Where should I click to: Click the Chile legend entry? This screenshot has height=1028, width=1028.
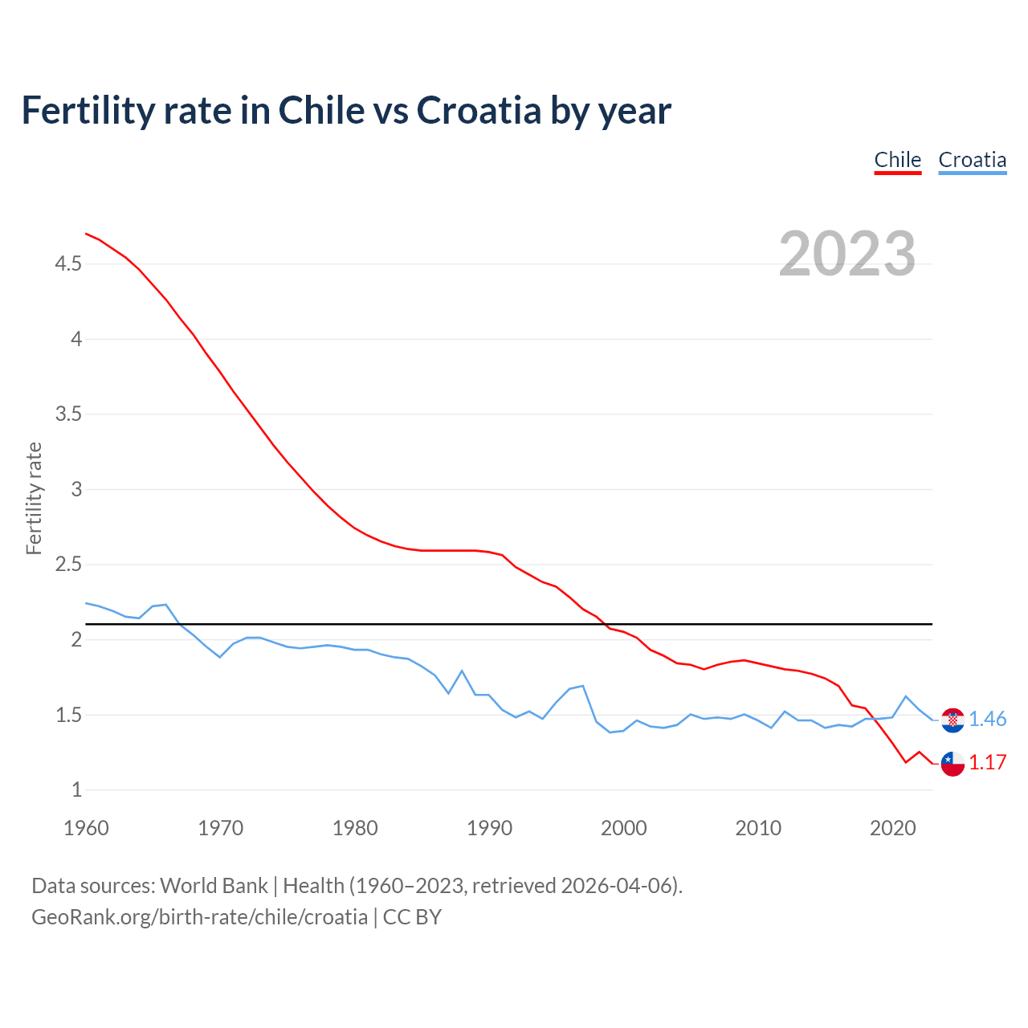click(897, 160)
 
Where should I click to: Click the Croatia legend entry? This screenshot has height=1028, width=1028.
click(972, 160)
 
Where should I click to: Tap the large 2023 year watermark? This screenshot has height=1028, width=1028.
click(847, 254)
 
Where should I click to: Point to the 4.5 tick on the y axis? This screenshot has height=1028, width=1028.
click(67, 264)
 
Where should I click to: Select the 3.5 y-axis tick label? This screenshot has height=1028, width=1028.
click(67, 414)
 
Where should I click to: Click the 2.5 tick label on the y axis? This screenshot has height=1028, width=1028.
click(67, 565)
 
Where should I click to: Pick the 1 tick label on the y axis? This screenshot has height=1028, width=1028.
click(76, 790)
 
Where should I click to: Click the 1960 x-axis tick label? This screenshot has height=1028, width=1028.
click(86, 828)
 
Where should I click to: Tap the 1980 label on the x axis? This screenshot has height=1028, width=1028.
click(355, 828)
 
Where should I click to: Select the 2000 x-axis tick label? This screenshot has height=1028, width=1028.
click(623, 828)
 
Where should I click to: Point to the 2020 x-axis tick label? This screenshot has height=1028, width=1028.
click(892, 828)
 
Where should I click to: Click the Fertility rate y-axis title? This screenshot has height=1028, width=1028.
click(34, 498)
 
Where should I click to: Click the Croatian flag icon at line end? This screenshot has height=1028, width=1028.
click(953, 720)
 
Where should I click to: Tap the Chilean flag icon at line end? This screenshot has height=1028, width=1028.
click(953, 764)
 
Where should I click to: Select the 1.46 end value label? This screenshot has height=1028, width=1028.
click(987, 720)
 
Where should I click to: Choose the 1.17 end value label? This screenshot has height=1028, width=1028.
click(987, 763)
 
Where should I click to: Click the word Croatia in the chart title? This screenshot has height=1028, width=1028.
click(479, 110)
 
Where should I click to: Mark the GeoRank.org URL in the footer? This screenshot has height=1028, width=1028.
click(199, 917)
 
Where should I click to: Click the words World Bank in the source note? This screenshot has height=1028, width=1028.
click(214, 886)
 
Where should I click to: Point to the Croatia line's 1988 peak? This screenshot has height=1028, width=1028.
click(462, 671)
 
